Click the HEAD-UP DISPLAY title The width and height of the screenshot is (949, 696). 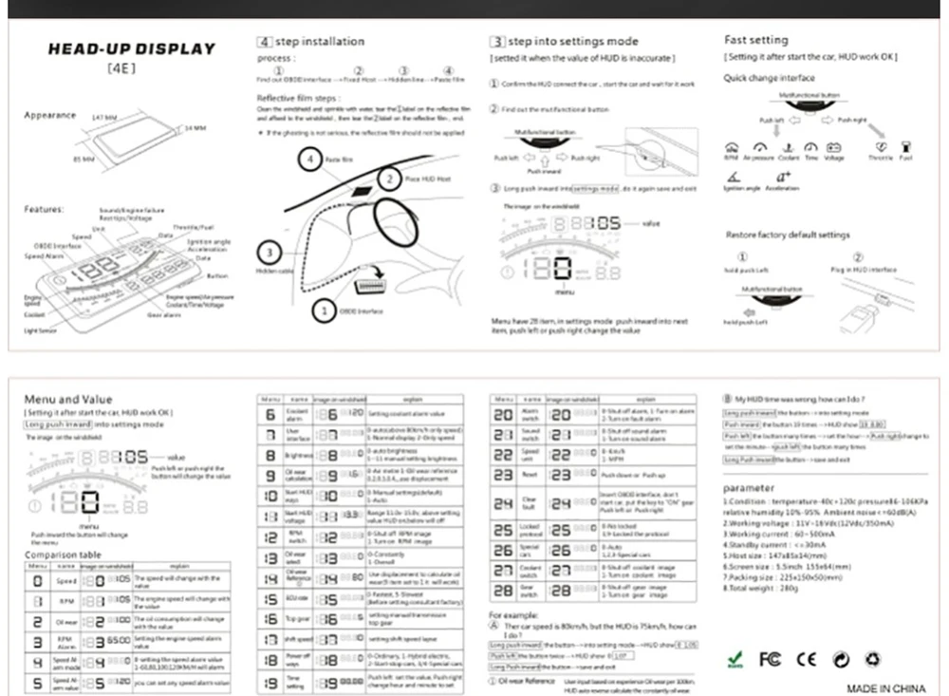click(x=132, y=48)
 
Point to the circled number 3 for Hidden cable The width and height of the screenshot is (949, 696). click(x=270, y=253)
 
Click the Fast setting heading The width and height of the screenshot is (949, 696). click(x=755, y=40)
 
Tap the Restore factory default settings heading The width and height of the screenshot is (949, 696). click(x=788, y=235)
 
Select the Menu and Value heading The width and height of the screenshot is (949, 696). click(x=68, y=400)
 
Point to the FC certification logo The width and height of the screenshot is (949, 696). click(x=770, y=658)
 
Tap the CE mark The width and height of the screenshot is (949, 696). click(x=806, y=658)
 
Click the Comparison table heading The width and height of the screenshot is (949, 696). click(x=63, y=555)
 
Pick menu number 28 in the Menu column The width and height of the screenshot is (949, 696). click(x=503, y=591)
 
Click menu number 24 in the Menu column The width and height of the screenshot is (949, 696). click(x=503, y=502)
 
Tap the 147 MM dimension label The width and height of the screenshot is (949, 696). click(x=103, y=117)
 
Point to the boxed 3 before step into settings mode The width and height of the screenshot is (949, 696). click(x=497, y=42)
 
